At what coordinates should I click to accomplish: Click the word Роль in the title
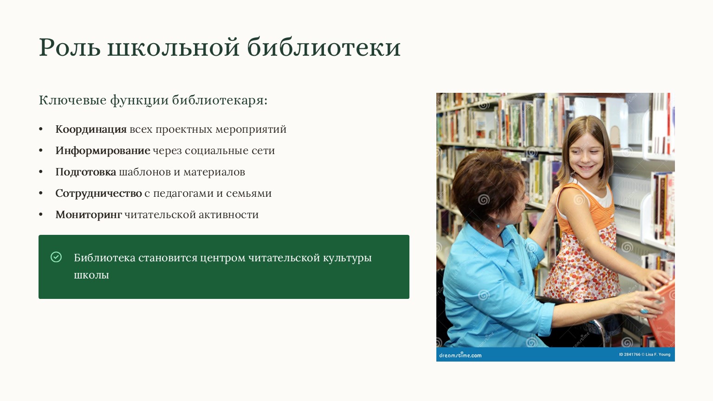point(70,47)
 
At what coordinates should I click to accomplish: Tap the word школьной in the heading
point(174,47)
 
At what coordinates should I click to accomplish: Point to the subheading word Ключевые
point(72,100)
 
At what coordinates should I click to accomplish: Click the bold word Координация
point(91,129)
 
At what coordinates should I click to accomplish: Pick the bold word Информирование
point(103,151)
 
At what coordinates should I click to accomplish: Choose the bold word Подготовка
point(85,172)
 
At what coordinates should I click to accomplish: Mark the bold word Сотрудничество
point(99,194)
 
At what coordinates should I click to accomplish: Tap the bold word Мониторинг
point(89,215)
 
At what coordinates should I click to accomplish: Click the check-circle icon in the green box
point(56,257)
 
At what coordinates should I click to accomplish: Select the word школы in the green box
point(91,275)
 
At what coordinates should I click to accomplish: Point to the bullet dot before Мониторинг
point(41,214)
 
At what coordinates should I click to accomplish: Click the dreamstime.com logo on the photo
point(460,355)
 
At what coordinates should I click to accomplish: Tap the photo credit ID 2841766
point(629,355)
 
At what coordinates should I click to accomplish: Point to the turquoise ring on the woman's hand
point(644,310)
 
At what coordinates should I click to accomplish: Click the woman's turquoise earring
point(498,226)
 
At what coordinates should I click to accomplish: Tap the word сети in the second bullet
point(263,151)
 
